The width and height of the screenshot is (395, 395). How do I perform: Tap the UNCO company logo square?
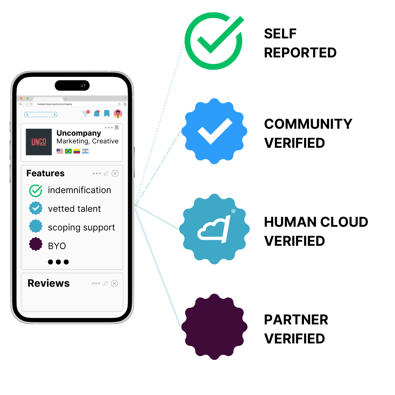pos(39,142)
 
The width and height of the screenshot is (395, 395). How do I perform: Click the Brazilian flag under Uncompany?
pos(68,151)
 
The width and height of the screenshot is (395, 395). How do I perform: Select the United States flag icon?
pos(60,151)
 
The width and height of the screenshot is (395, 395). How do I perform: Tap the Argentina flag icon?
pos(85,151)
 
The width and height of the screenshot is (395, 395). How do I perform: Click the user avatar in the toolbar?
pos(118,114)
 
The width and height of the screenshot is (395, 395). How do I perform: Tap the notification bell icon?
pos(97,114)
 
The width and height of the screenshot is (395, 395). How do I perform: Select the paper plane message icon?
pos(85,114)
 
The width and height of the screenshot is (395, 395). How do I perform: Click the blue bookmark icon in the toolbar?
pos(107,114)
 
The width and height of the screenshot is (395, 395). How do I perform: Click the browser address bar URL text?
pos(54,104)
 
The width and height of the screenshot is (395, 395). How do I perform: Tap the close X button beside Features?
pos(115,173)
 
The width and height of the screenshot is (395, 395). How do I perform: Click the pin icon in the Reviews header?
pos(105,283)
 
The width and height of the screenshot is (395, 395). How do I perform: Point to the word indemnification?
pos(79,190)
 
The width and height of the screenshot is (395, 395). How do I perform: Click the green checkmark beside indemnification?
pos(35,191)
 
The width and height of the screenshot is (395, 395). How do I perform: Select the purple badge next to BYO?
pos(35,244)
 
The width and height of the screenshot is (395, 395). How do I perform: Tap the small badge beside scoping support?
pos(35,226)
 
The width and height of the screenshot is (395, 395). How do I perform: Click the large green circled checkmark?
pos(214,41)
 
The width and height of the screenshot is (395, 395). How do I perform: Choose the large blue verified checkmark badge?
pos(214,131)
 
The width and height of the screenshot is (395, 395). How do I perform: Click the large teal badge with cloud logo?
pos(214,229)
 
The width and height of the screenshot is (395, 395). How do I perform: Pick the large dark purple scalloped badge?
pos(214,327)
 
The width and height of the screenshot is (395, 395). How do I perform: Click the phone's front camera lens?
pos(83,86)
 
